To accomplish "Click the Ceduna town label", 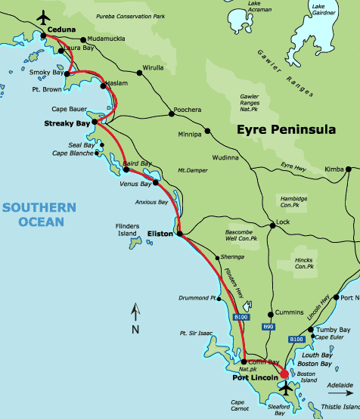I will [x=62, y=29].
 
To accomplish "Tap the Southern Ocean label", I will [x=39, y=214].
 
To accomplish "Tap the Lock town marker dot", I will [x=272, y=225].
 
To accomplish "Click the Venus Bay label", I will [x=135, y=184].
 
